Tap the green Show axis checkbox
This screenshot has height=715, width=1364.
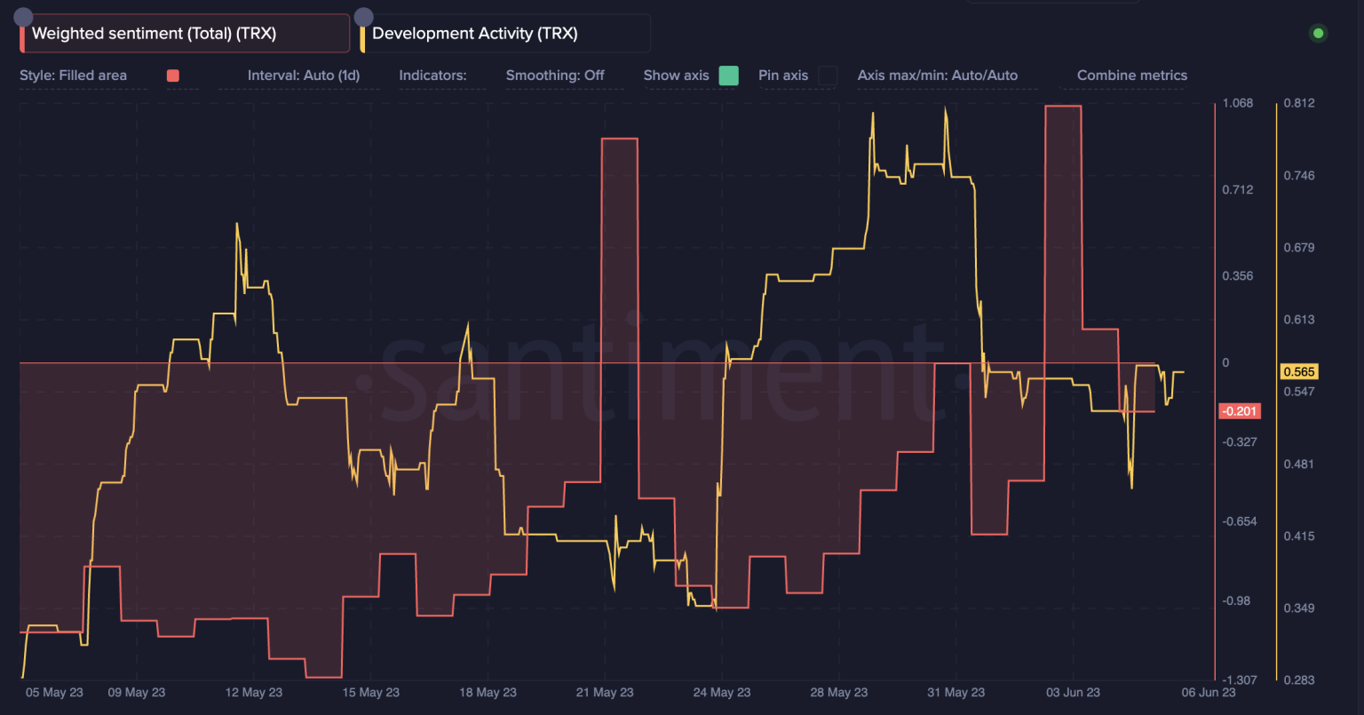pyautogui.click(x=728, y=75)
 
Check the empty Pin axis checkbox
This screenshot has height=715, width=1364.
pyautogui.click(x=827, y=75)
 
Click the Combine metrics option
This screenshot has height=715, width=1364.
pyautogui.click(x=1131, y=75)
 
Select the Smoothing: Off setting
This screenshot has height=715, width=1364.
pyautogui.click(x=554, y=75)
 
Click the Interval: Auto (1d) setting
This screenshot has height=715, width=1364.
pyautogui.click(x=304, y=75)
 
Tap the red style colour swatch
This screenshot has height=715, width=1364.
pyautogui.click(x=173, y=75)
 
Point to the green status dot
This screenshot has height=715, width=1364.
pyautogui.click(x=1318, y=34)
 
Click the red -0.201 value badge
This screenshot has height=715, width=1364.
pyautogui.click(x=1240, y=411)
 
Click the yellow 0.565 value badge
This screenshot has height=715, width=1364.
pyautogui.click(x=1298, y=372)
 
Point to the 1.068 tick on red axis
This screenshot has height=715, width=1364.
pyautogui.click(x=1238, y=103)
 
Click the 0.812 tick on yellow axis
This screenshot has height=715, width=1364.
pyautogui.click(x=1299, y=103)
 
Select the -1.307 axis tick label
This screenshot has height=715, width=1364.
pyautogui.click(x=1240, y=679)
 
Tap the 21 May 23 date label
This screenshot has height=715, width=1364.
pyautogui.click(x=605, y=693)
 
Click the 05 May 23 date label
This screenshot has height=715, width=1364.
pyautogui.click(x=54, y=693)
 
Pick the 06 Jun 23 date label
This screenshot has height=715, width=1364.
pyautogui.click(x=1209, y=693)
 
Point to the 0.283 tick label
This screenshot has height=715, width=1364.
pyautogui.click(x=1299, y=679)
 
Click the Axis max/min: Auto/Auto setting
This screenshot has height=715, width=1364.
pyautogui.click(x=937, y=75)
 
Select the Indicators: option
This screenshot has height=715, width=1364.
pyautogui.click(x=432, y=75)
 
